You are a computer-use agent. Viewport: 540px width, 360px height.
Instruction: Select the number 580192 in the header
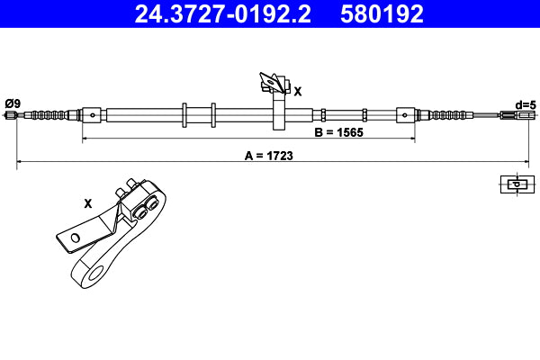click(x=382, y=13)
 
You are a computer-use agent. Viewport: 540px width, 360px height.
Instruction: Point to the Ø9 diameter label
click(x=12, y=102)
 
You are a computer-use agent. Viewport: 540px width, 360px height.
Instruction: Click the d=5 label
click(x=525, y=103)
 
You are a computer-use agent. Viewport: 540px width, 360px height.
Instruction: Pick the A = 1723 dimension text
click(x=269, y=155)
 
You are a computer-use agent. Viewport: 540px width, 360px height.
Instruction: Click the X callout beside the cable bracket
click(x=298, y=91)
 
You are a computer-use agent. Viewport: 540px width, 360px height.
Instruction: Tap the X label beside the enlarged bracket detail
click(x=87, y=203)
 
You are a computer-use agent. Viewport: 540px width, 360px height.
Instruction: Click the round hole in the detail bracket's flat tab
click(x=76, y=238)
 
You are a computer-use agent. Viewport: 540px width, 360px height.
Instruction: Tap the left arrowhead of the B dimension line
click(x=85, y=139)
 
